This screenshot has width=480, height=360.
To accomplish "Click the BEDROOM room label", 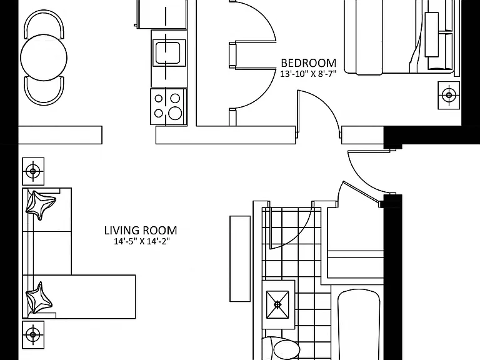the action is pos(308,63).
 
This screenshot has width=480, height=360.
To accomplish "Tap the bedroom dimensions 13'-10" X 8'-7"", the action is pos(308,74).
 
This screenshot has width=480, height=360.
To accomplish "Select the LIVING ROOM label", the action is pos(141,230).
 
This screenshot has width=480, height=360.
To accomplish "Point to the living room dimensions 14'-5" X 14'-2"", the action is pos(142,241).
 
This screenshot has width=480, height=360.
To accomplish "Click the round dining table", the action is pos(44,57).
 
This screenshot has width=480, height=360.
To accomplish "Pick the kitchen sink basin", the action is pos(167,53).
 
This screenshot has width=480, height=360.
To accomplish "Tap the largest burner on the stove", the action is pos(175,114).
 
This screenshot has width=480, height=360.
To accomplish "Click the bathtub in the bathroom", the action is pos(359,324).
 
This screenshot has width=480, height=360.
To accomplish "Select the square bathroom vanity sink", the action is pos(277,304).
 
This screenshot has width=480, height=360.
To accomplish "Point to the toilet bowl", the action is pos(286,349).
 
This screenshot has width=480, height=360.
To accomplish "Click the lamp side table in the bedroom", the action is pos(449,95).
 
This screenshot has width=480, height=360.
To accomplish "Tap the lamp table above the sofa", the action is pos(33,171).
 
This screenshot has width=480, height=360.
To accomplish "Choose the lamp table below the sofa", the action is pos(33,334).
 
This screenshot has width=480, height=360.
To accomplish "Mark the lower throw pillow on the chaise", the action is pos(38,299).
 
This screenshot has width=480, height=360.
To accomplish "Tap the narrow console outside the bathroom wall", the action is pos(240,259).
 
